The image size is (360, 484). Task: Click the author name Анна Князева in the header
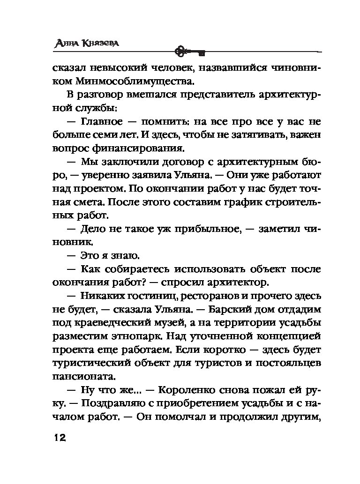(85, 44)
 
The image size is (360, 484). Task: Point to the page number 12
(59, 438)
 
